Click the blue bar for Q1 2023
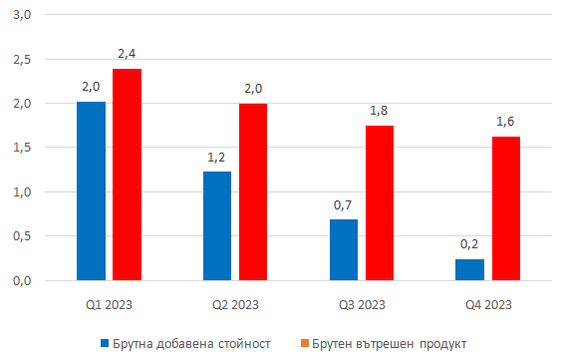tap(91, 190)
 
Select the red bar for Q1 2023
tap(127, 175)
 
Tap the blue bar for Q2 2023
tap(217, 225)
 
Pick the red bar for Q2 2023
tap(253, 191)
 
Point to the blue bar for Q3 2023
tap(344, 249)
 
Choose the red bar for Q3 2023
tap(380, 202)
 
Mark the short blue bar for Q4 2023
tap(470, 269)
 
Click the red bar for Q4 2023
tap(506, 208)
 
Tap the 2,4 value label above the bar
tap(128, 53)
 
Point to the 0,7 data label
tap(344, 204)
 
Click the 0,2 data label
tap(470, 244)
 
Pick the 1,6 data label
tap(506, 122)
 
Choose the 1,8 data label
tap(380, 110)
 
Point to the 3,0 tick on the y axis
tap(22, 15)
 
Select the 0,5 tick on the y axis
tap(22, 236)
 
